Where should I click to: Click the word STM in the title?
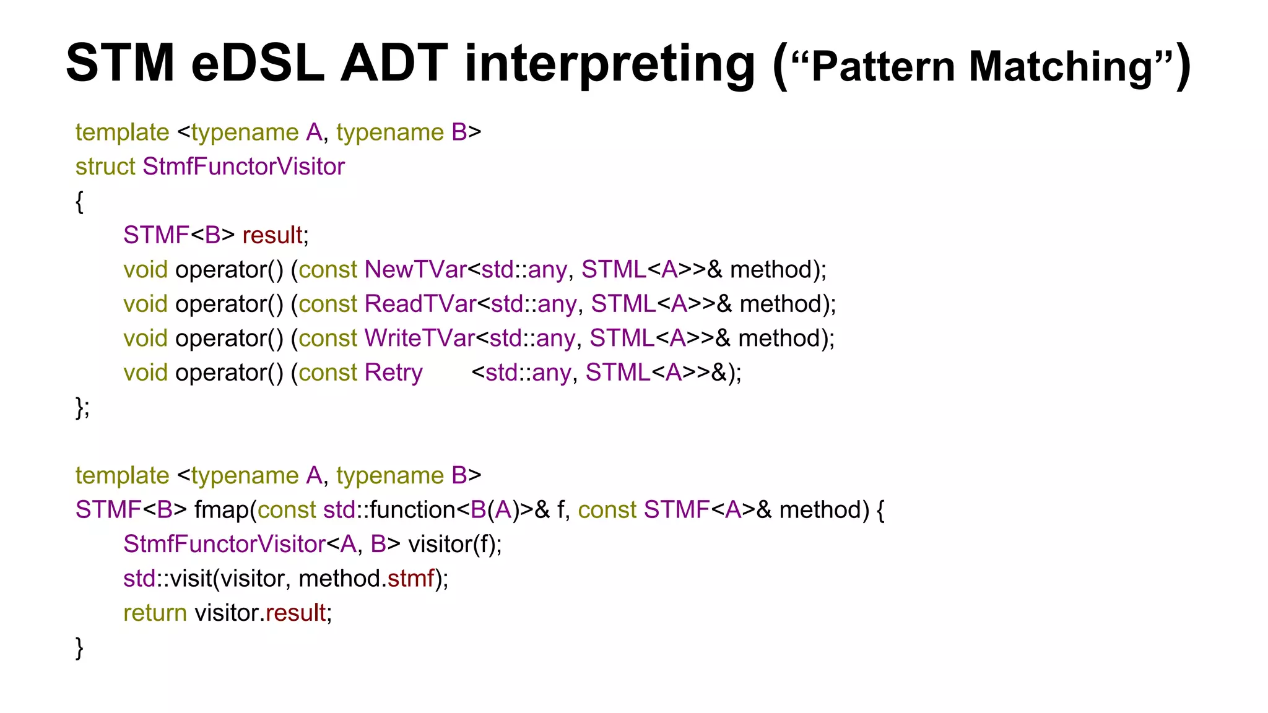(120, 63)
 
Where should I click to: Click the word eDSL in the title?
(258, 63)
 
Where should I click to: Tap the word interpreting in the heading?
(610, 63)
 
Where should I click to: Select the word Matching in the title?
(1061, 66)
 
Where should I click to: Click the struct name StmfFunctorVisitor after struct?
(243, 166)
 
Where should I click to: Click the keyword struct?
(105, 166)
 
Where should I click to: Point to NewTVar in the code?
(415, 270)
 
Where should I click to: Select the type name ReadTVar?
(420, 304)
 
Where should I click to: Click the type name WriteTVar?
(419, 339)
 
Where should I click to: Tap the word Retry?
(393, 373)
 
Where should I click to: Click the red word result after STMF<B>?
(272, 235)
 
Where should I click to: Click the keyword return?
(155, 613)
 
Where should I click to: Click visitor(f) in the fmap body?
(454, 544)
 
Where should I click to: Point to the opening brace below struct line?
(79, 202)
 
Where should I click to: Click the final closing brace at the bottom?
(79, 648)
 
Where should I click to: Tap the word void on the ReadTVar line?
(145, 304)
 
